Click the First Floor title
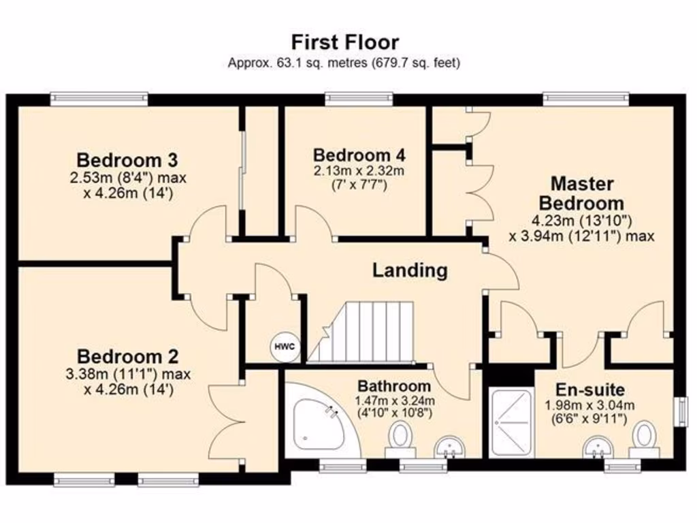point(345,42)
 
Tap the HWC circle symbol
point(285,347)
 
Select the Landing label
point(410,270)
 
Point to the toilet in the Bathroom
point(400,438)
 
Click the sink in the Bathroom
point(449,446)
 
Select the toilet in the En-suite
point(643,439)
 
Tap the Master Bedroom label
point(581,193)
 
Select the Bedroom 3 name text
point(127,161)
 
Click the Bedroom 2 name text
point(127,356)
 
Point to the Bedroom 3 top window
point(99,99)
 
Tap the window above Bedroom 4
point(359,99)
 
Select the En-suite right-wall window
point(679,412)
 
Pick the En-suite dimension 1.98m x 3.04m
point(589,405)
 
